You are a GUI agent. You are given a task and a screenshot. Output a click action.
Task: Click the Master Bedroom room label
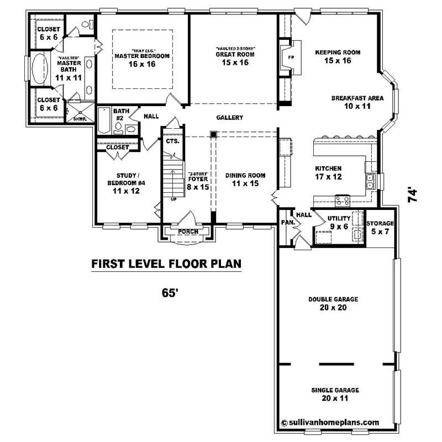[142, 60]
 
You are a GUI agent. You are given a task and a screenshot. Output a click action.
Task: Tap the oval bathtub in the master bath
[40, 69]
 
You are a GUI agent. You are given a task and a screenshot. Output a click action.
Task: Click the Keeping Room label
[338, 56]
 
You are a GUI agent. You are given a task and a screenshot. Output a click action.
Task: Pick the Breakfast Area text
[357, 102]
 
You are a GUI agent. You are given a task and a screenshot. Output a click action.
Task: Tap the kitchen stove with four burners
[343, 201]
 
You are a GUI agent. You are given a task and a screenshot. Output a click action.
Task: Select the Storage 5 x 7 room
[380, 227]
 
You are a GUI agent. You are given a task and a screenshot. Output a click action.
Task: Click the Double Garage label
[333, 303]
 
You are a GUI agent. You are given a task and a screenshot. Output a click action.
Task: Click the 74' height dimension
[412, 195]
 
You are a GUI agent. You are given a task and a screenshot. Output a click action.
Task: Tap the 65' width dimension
[169, 293]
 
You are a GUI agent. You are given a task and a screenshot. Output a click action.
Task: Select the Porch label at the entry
[188, 231]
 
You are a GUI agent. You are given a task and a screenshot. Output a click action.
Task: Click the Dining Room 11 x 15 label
[245, 179]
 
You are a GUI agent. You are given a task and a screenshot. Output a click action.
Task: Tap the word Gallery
[230, 118]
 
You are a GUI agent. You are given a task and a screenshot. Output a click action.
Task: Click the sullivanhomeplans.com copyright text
[330, 422]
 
